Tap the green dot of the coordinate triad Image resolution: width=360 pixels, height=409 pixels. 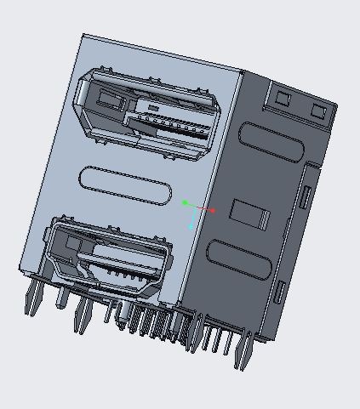(x=185, y=202)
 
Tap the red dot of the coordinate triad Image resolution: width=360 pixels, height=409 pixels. (x=213, y=210)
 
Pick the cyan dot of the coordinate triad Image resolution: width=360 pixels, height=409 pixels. (x=191, y=226)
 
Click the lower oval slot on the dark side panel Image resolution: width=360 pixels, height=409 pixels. (x=243, y=264)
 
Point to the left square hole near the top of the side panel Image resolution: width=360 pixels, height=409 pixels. (x=283, y=95)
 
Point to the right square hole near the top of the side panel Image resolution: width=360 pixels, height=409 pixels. (x=320, y=111)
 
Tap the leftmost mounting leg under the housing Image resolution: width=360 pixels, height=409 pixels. (x=31, y=297)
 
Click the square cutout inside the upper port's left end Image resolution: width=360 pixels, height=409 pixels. (x=108, y=97)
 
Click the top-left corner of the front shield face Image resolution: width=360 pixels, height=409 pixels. (x=84, y=36)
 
